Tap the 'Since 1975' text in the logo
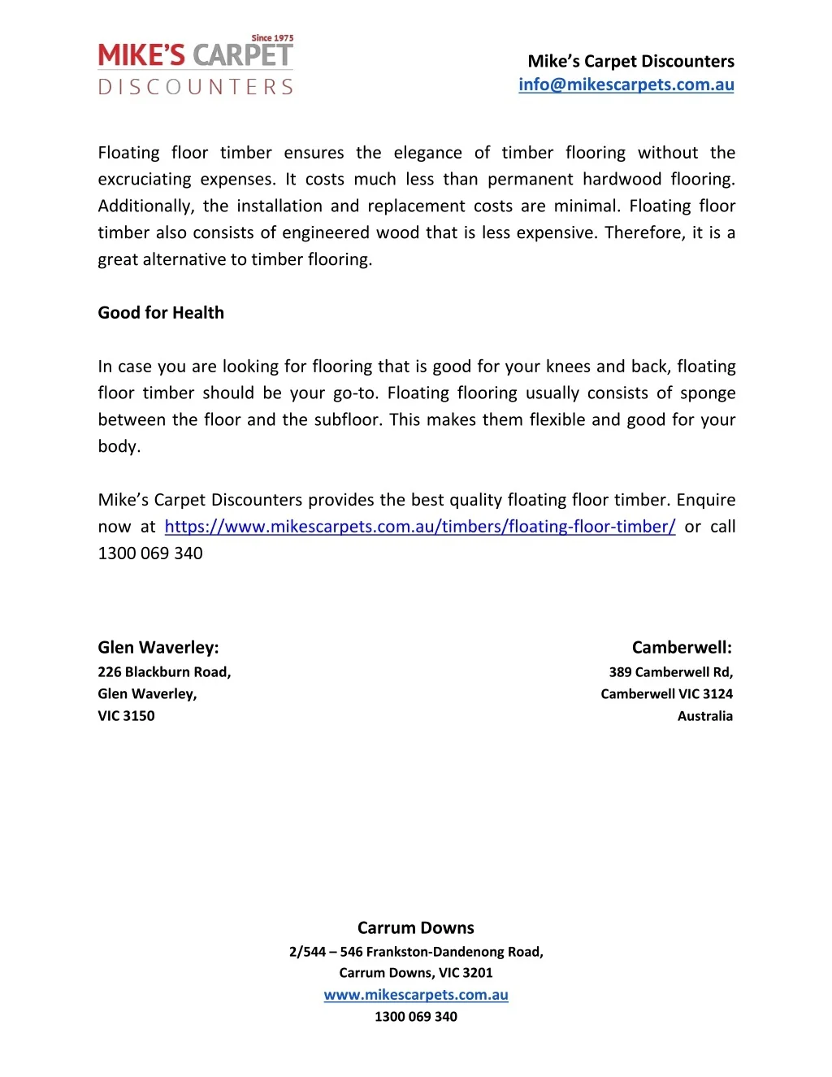click(272, 38)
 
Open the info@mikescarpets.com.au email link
click(626, 85)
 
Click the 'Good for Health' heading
click(161, 313)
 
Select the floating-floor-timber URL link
click(419, 527)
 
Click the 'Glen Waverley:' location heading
click(158, 648)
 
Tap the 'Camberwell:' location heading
click(682, 648)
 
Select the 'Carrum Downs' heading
click(415, 928)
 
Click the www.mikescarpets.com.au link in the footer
click(415, 995)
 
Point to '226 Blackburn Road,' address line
click(164, 672)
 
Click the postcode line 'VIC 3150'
click(126, 716)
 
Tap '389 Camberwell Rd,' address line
click(670, 672)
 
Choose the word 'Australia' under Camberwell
click(704, 716)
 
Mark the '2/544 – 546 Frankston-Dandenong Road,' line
click(415, 952)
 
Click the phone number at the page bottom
click(415, 1017)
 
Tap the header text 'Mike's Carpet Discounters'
click(630, 62)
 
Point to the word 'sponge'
click(708, 393)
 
